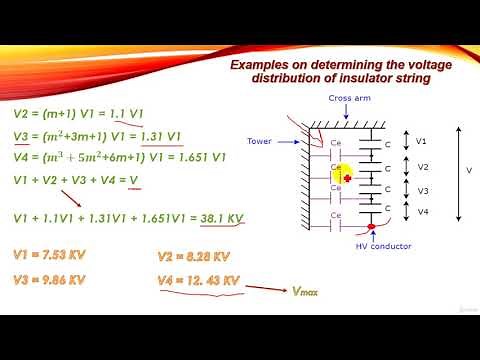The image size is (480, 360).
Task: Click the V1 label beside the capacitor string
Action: (422, 141)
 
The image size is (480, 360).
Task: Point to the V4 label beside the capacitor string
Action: (422, 211)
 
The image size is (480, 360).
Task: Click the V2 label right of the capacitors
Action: (422, 167)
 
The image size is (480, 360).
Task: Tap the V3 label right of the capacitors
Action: (422, 190)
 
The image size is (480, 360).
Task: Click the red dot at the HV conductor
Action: (371, 227)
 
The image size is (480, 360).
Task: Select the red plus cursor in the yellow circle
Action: (346, 177)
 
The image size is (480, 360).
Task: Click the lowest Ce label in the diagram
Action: (337, 214)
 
